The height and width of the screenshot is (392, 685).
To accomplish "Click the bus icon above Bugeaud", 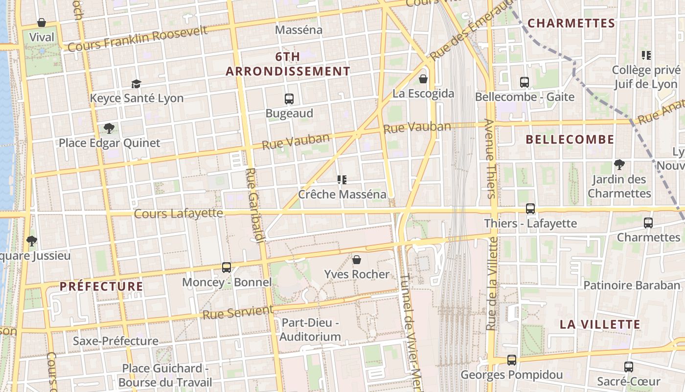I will tap(289, 99).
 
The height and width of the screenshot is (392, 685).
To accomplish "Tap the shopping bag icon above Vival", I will tap(42, 23).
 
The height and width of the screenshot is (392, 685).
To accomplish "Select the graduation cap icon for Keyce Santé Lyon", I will tap(136, 84).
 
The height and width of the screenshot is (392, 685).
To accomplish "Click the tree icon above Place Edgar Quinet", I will tap(109, 128).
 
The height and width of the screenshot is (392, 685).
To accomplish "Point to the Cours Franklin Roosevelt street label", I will tap(137, 39).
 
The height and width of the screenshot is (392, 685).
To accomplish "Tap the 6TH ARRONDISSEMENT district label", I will tap(288, 64).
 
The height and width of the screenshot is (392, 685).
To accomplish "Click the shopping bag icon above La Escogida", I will tap(423, 78).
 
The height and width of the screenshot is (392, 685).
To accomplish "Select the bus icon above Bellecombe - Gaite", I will tap(525, 82).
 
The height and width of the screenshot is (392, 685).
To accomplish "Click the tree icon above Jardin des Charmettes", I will tap(619, 164).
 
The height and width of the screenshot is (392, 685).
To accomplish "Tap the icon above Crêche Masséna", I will tap(342, 180).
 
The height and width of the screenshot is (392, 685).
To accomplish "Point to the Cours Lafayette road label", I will tap(179, 214).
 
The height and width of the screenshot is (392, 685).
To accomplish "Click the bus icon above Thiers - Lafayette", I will tap(530, 209).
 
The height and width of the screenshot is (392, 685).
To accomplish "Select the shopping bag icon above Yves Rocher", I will tap(357, 260).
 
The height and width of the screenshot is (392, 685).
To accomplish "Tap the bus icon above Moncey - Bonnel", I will tap(226, 268).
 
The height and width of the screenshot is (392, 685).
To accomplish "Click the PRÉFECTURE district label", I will tap(101, 287).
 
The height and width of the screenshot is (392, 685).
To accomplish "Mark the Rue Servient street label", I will tap(238, 312).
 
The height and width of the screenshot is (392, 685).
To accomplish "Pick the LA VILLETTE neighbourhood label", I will tap(600, 324).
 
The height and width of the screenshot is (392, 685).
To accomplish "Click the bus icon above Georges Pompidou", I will tap(511, 360).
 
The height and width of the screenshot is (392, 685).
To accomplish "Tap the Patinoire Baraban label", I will tap(632, 285).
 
